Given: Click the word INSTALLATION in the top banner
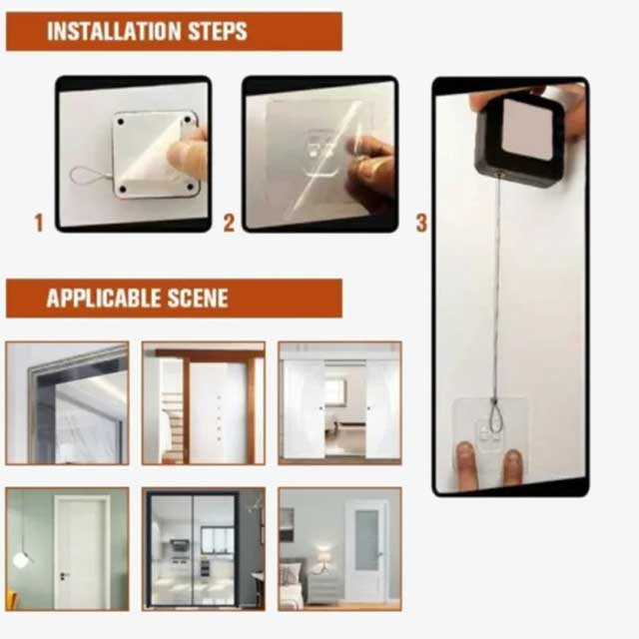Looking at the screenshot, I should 112,31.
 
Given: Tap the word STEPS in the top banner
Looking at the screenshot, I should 214,31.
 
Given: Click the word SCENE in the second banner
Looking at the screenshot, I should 197,298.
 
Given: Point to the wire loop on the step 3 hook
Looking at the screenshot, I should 495,409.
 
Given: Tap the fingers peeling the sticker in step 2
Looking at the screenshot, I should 371,165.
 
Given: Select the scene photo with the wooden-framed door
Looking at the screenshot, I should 204,402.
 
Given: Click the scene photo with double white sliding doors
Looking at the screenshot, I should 339,402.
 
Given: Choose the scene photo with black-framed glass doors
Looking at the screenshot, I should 204,548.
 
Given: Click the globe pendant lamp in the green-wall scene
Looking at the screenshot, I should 21,559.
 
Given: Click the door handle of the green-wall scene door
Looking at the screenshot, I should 63,576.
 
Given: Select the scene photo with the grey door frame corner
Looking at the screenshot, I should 67,402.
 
